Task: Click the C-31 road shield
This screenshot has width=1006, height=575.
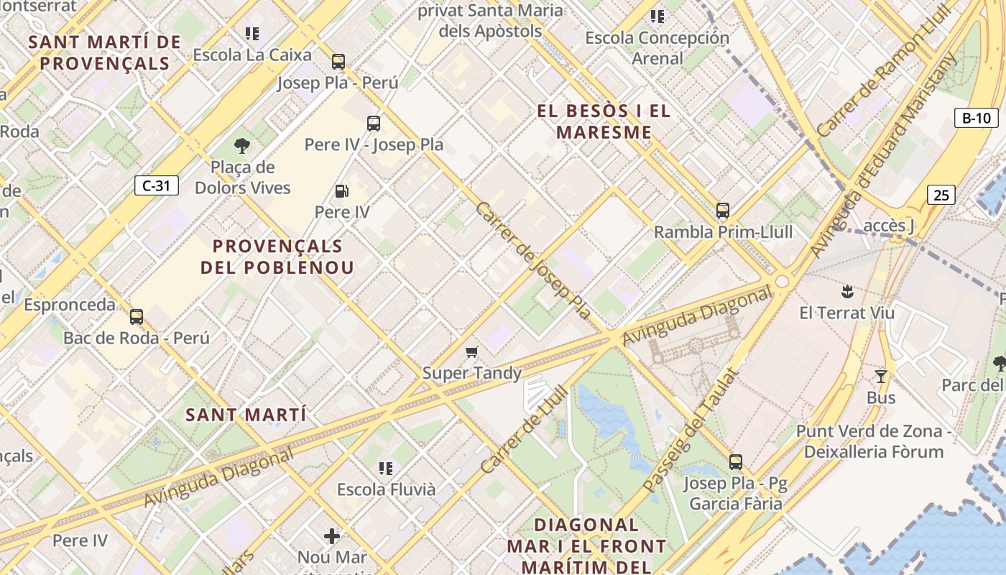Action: [x=156, y=185]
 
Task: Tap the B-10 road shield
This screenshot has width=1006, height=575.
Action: [x=976, y=118]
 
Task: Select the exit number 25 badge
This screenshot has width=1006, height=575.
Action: [x=941, y=194]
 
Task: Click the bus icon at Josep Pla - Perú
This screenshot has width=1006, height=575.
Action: [x=338, y=62]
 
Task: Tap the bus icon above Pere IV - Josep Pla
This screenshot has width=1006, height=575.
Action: [x=374, y=123]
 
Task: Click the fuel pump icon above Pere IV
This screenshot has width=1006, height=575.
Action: [x=342, y=191]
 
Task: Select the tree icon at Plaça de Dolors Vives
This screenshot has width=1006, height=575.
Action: [x=242, y=146]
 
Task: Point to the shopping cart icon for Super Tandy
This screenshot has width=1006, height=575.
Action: [x=471, y=351]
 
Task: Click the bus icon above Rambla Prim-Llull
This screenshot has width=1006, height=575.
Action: [x=723, y=211]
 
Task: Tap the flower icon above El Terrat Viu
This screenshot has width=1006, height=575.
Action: [x=847, y=291]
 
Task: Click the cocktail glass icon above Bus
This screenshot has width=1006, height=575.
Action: [x=881, y=376]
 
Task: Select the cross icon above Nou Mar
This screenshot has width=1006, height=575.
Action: [x=332, y=535]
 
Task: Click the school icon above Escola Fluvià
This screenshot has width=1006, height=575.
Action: [x=386, y=468]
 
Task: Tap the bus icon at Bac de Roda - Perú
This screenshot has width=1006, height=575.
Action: [x=137, y=316]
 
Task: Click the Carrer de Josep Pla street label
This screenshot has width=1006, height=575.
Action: [x=532, y=260]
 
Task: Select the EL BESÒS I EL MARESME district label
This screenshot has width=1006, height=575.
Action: [x=604, y=121]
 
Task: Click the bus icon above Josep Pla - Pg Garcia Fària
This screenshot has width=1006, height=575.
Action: [x=735, y=461]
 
